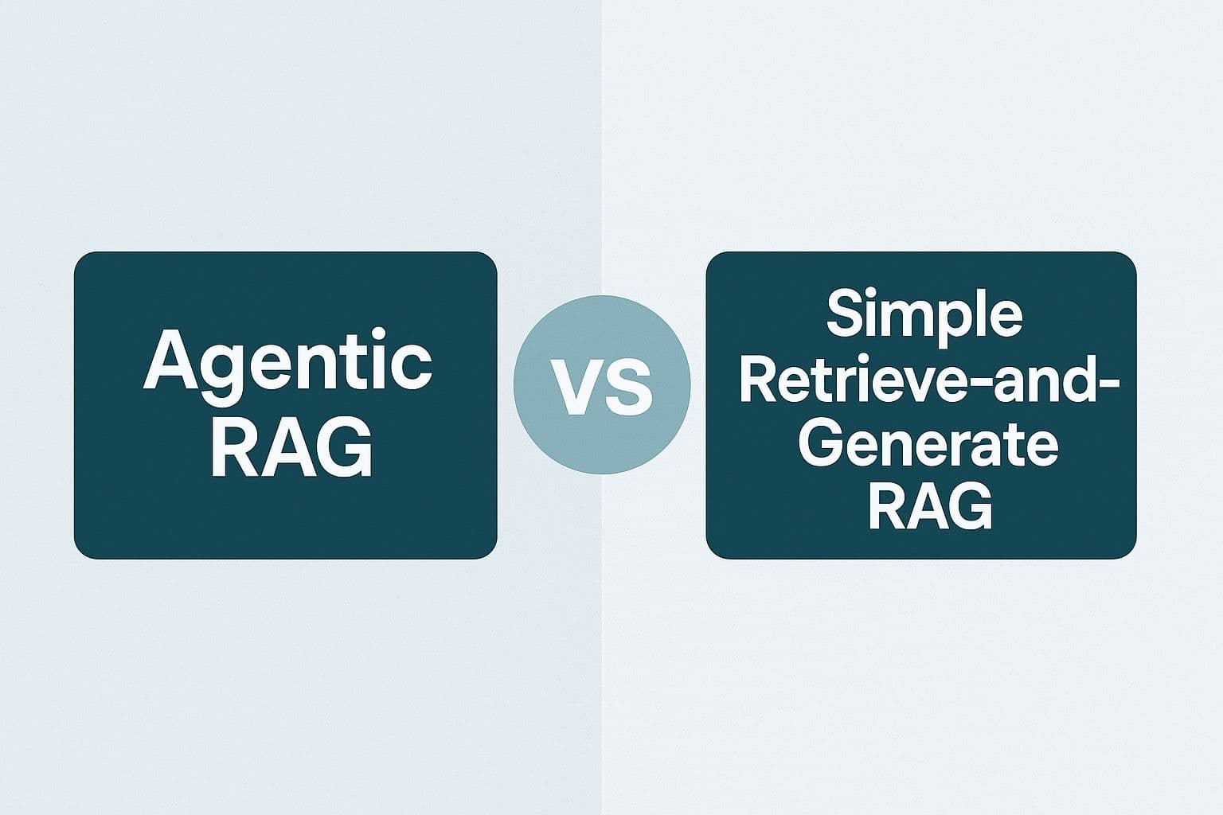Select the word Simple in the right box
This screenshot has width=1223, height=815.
pyautogui.click(x=923, y=314)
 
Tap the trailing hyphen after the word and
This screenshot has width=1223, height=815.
pyautogui.click(x=1110, y=383)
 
